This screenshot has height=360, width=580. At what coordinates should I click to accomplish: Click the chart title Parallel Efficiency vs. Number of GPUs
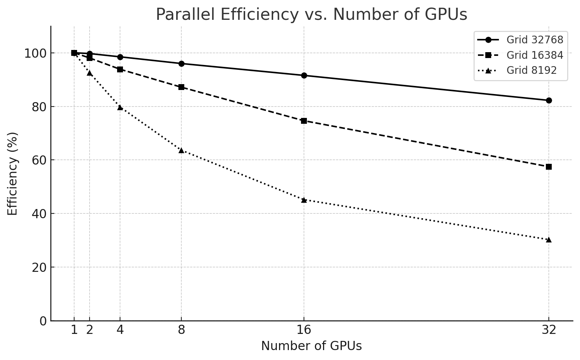(x=311, y=15)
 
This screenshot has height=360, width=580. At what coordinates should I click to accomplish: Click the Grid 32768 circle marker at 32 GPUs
(x=549, y=100)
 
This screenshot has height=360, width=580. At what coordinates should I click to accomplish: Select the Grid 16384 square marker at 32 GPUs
(x=549, y=167)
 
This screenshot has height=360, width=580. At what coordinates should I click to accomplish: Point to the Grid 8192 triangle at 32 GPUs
(x=549, y=240)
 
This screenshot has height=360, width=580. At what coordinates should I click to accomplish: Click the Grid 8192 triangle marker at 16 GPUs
(x=304, y=199)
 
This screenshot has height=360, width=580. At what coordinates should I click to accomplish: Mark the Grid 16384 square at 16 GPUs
(x=304, y=121)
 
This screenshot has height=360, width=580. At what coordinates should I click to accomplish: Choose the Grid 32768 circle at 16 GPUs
(x=304, y=75)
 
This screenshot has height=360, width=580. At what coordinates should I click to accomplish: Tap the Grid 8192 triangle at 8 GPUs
(x=181, y=150)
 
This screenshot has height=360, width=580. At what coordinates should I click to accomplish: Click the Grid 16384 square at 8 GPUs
(x=181, y=87)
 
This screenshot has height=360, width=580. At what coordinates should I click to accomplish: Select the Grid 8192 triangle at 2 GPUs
(x=90, y=73)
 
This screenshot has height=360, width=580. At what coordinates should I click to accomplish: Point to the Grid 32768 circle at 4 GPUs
(x=120, y=57)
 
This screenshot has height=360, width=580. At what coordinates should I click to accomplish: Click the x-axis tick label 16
(x=304, y=330)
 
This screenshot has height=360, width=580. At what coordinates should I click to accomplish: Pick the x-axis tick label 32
(x=549, y=330)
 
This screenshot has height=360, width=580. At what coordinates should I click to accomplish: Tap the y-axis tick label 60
(x=40, y=160)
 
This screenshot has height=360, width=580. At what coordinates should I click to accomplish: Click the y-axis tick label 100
(x=36, y=53)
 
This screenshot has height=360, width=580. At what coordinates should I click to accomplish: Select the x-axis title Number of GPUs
(x=311, y=346)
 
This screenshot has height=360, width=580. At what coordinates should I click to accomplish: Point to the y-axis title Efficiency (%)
(x=12, y=173)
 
